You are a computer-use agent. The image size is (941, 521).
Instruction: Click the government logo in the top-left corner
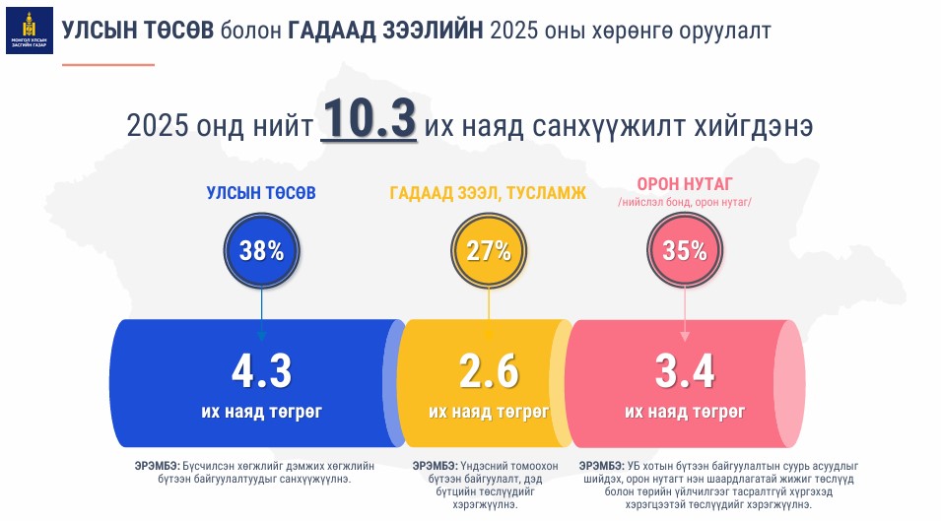[x=30, y=30]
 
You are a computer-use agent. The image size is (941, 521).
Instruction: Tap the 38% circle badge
[x=261, y=250]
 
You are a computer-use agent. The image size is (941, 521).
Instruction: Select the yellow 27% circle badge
[x=489, y=250]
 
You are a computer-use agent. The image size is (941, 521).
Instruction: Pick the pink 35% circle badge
[x=685, y=250]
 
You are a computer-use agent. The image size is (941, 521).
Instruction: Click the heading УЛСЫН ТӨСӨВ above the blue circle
[x=261, y=193]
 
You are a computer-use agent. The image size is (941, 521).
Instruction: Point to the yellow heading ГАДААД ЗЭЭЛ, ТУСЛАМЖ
[x=488, y=194]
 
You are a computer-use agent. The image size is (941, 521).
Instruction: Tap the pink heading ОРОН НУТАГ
[x=685, y=184]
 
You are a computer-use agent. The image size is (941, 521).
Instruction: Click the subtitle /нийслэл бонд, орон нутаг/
[x=685, y=202]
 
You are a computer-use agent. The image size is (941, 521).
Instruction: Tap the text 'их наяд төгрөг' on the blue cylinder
[x=261, y=411]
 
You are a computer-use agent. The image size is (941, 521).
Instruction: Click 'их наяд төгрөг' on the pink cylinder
[x=685, y=411]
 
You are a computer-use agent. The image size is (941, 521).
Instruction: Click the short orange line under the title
[x=108, y=64]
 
